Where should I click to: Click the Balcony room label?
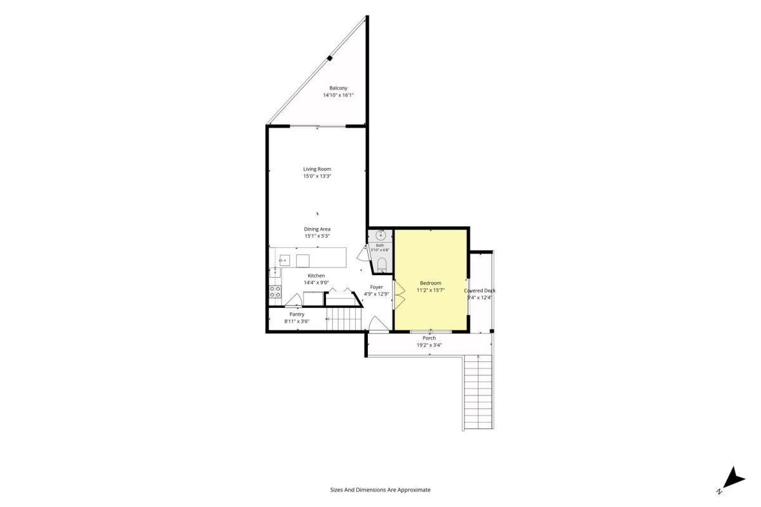tap(338, 88)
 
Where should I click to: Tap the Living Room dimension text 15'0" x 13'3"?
tap(317, 176)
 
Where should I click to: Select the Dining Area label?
tap(317, 229)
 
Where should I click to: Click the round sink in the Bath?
tap(380, 234)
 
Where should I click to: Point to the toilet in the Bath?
tap(382, 265)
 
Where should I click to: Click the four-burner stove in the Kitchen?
tap(275, 292)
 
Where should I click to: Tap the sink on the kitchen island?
tap(284, 260)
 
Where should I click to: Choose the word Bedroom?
tap(431, 283)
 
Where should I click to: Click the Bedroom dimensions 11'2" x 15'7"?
tap(431, 290)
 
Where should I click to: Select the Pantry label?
tap(297, 314)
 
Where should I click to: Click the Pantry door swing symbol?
tap(294, 300)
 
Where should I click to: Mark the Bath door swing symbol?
tap(363, 253)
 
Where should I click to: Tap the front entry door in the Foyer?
tap(379, 324)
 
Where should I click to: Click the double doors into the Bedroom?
tap(399, 295)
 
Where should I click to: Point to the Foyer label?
tap(377, 287)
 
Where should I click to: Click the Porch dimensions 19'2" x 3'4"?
tap(429, 345)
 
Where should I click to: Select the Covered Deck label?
tap(479, 291)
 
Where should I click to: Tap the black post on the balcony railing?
tap(330, 58)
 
